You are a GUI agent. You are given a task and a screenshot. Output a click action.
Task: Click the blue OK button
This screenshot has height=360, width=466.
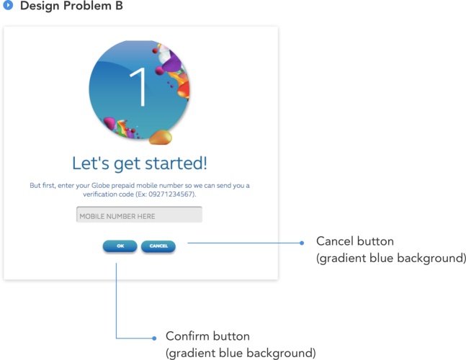tap(120, 246)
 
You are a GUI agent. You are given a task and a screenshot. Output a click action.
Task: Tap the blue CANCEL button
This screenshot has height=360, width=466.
tap(158, 246)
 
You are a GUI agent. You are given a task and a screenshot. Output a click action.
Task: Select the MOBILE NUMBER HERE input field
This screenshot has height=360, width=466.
tap(139, 215)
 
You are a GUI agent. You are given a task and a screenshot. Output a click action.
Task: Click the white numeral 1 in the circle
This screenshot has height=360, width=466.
tap(139, 86)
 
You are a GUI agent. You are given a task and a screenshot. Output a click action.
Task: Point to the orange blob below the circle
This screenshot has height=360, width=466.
tap(161, 138)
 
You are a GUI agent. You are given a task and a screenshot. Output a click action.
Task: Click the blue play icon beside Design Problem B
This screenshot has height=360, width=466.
tap(8, 5)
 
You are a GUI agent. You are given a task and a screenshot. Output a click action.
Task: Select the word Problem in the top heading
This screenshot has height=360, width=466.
tap(87, 6)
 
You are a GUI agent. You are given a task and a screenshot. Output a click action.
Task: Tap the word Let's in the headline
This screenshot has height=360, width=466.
tap(91, 163)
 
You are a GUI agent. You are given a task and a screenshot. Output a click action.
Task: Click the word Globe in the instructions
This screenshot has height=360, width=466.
tap(100, 186)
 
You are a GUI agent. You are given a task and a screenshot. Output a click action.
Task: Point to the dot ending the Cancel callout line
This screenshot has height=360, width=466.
tap(302, 243)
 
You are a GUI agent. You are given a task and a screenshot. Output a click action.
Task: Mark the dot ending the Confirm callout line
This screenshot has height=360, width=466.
tap(154, 338)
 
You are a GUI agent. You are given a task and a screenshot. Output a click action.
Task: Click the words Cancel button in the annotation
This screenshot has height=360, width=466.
tap(355, 241)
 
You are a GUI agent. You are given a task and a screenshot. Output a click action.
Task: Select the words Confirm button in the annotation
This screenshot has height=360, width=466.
tap(207, 336)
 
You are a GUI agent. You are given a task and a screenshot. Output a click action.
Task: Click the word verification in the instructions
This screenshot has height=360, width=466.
tap(108, 194)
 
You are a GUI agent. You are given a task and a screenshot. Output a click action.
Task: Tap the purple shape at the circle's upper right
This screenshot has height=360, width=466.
tap(171, 62)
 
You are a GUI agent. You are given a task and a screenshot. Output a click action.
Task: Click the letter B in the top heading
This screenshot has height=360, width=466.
tap(119, 6)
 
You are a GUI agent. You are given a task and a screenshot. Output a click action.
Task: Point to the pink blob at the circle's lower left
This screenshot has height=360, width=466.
tap(109, 122)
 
